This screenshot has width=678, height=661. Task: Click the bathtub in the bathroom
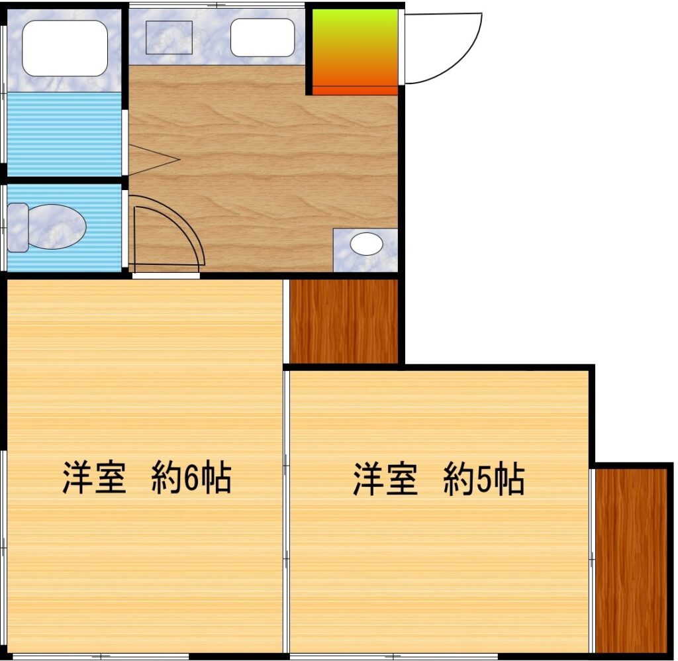(65, 48)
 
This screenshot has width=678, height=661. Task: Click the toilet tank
(17, 227)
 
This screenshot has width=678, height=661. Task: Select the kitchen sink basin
(262, 37)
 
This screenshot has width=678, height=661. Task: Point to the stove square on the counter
(169, 37)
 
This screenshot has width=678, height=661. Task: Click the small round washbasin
(366, 244)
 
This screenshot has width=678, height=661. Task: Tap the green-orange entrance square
(355, 46)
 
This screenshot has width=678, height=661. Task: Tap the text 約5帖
(484, 480)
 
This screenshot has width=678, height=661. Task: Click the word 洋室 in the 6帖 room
(95, 478)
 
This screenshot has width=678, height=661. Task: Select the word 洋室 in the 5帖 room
(385, 480)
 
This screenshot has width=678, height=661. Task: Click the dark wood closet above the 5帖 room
(344, 321)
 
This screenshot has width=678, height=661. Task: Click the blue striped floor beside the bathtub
(64, 134)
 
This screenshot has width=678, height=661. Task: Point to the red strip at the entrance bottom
(355, 90)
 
